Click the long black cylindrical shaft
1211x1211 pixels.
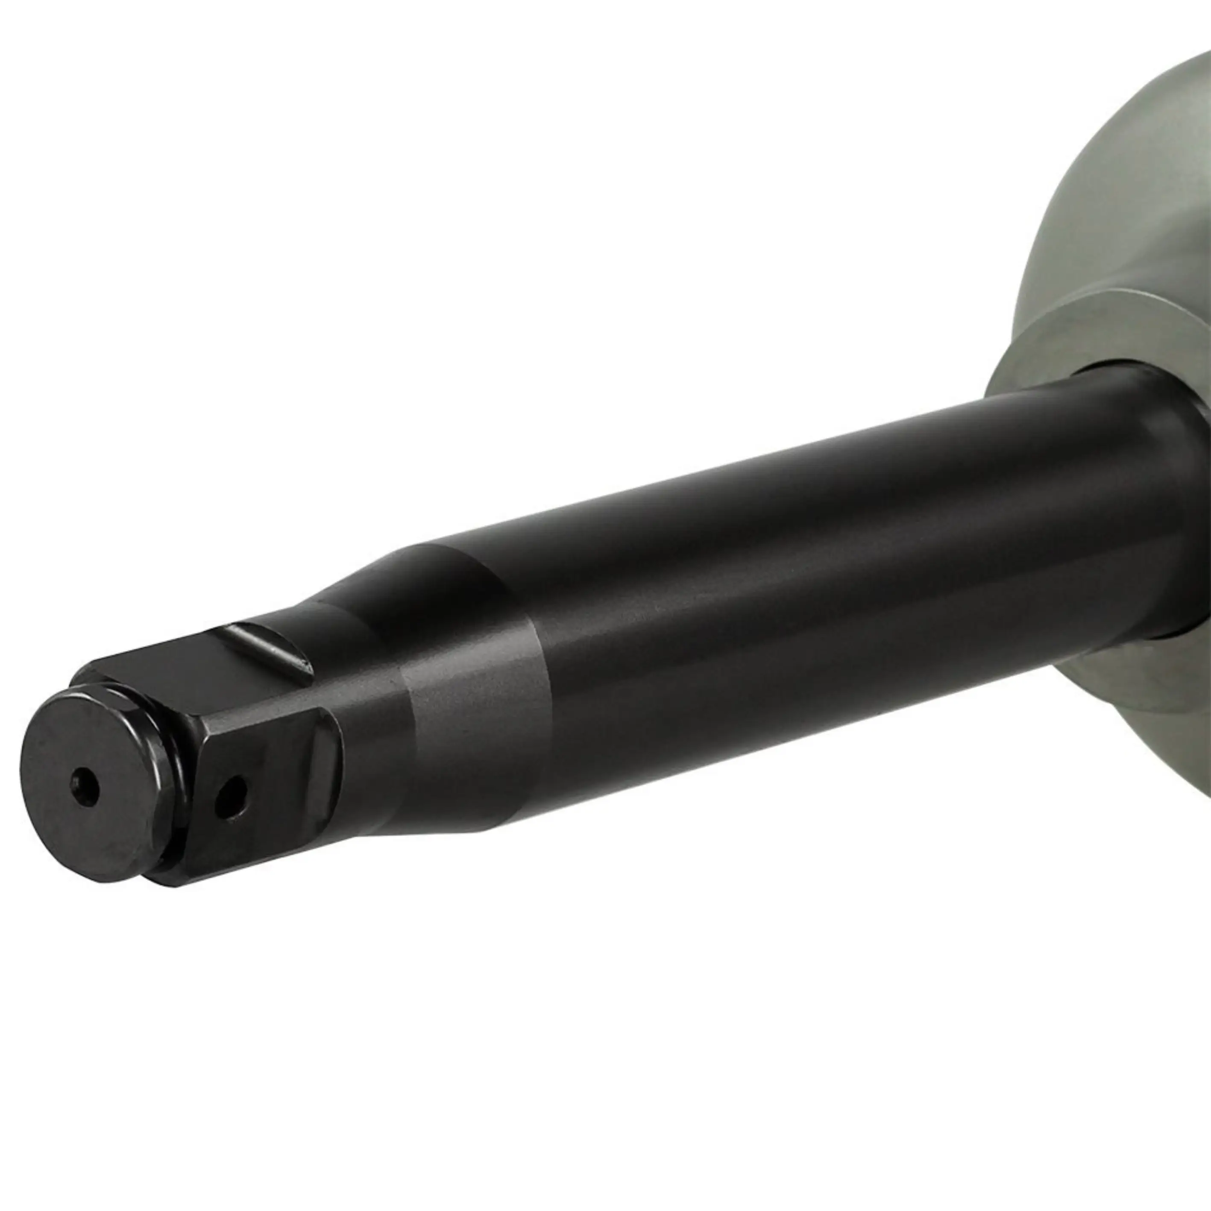click(783, 564)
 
